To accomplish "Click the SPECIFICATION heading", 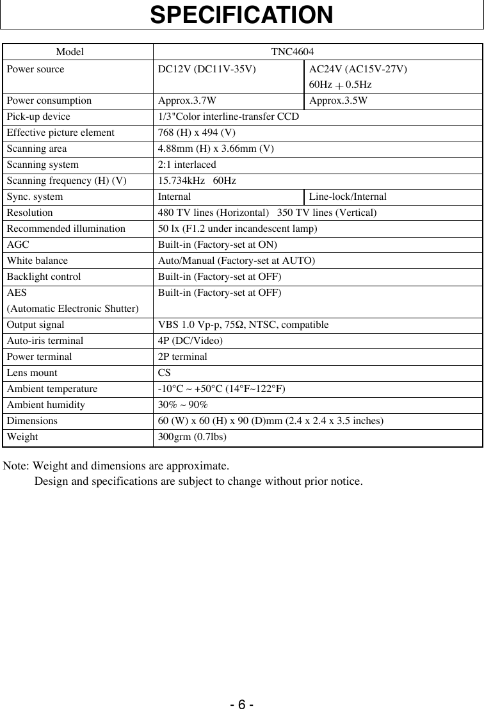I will (x=241, y=15).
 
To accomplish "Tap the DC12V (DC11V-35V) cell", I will (x=207, y=69).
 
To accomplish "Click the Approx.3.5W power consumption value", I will (x=338, y=101).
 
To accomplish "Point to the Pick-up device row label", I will (x=39, y=117).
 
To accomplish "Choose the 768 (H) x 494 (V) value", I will (x=197, y=133).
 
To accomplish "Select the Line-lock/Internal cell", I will (x=348, y=197).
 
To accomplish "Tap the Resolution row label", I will (x=30, y=213).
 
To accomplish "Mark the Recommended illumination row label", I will (x=67, y=229).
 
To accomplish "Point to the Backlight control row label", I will (x=44, y=277).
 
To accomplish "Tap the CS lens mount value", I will (x=164, y=373).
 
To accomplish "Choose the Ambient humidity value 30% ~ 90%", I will (x=182, y=405).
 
